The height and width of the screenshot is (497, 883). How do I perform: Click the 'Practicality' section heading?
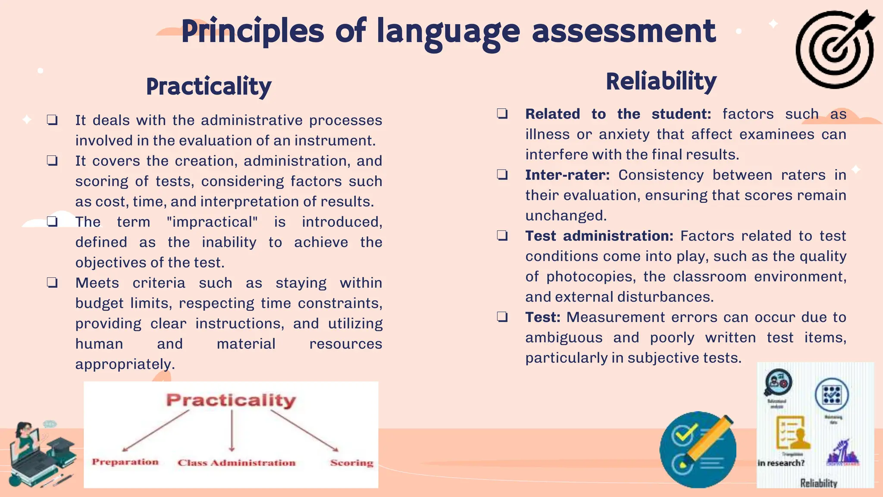click(x=209, y=86)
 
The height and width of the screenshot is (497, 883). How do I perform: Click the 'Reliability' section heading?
click(x=661, y=81)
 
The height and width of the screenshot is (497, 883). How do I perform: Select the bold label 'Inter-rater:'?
click(x=567, y=175)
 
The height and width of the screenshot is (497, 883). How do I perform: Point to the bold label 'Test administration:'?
click(x=599, y=236)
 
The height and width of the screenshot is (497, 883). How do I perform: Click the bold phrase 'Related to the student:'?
click(x=618, y=114)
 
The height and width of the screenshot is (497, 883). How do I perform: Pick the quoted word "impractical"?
click(x=212, y=222)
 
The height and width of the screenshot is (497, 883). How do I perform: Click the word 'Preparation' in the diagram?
click(x=125, y=462)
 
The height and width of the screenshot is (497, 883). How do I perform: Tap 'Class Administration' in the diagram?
click(x=236, y=463)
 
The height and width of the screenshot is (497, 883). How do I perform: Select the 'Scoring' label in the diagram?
click(x=351, y=463)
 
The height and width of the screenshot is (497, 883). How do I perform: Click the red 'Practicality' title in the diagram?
click(x=231, y=400)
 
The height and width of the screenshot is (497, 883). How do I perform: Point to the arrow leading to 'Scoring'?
click(x=304, y=430)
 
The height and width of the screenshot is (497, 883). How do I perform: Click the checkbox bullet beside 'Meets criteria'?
click(x=52, y=283)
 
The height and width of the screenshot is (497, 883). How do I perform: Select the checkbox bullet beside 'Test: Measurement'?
click(x=502, y=317)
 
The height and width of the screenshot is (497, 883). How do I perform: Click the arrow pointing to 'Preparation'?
click(x=156, y=430)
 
